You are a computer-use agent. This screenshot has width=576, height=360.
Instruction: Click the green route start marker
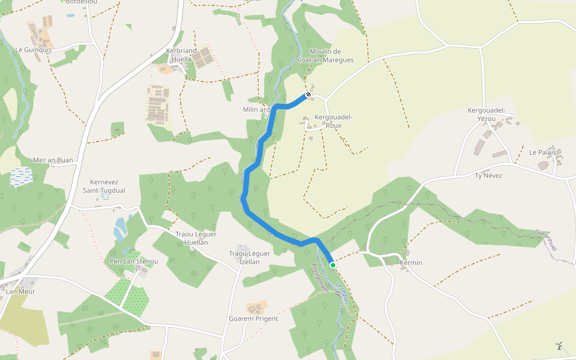tap(332, 265)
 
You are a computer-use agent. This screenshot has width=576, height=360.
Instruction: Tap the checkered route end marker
tap(308, 95)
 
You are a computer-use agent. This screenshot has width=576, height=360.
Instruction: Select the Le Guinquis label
tap(34, 50)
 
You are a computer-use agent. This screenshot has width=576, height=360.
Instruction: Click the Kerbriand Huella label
tap(181, 55)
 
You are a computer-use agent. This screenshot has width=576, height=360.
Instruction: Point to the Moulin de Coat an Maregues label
tap(325, 56)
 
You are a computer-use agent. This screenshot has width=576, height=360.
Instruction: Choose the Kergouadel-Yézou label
tap(487, 115)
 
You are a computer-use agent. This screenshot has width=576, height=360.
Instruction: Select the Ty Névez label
tap(488, 175)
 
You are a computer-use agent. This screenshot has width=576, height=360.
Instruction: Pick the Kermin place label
tap(411, 263)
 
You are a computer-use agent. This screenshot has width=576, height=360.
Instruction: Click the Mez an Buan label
tap(53, 160)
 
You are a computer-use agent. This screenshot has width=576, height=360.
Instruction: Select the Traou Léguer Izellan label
tap(250, 257)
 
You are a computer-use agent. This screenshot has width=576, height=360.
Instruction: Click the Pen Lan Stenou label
tap(134, 261)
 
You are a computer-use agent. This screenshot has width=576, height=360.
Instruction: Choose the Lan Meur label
tap(20, 292)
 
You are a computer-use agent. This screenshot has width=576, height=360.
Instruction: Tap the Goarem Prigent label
tap(253, 319)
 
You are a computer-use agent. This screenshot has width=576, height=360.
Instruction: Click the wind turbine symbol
tap(559, 345)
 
